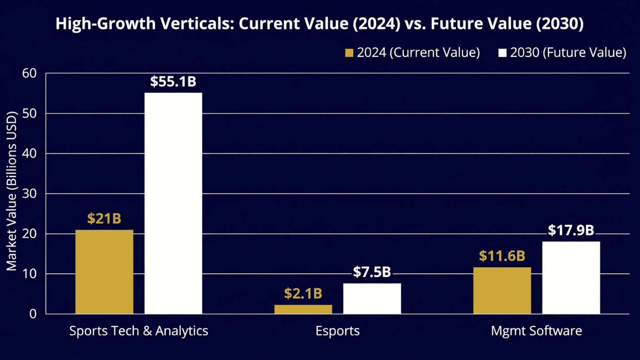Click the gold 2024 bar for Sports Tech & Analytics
coord(104,272)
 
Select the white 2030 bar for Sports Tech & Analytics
coord(173,203)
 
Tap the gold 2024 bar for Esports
coord(303,309)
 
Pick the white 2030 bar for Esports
coord(372,298)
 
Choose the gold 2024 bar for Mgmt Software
coord(502,290)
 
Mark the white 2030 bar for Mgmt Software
coord(571,278)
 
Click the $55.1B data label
coord(173,82)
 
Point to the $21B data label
coord(104,219)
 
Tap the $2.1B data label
coord(303,294)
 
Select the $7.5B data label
coord(372,272)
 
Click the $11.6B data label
coord(502,256)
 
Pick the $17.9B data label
coord(571,230)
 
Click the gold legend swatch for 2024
coord(349,53)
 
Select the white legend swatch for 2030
coord(502,53)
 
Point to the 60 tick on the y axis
coord(30,73)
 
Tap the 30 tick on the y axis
coord(30,194)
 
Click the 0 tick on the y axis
coord(33,314)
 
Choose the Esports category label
coord(338,331)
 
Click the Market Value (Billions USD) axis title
coord(12,191)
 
